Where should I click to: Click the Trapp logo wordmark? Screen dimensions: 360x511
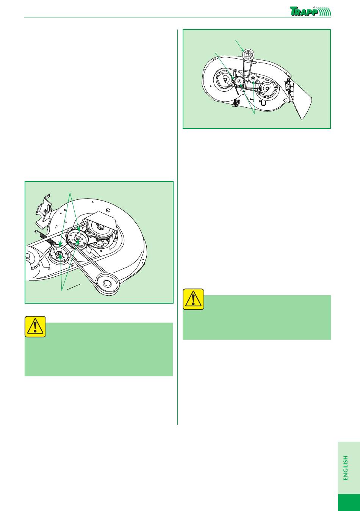pyautogui.click(x=304, y=11)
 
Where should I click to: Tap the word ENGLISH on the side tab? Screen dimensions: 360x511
pyautogui.click(x=346, y=468)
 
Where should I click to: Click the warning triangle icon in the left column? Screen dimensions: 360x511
pyautogui.click(x=35, y=326)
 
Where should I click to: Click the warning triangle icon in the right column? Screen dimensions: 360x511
pyautogui.click(x=193, y=299)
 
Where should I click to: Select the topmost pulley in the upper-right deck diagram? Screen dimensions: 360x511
pyautogui.click(x=247, y=54)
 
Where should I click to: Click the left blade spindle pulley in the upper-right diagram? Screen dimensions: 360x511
pyautogui.click(x=225, y=80)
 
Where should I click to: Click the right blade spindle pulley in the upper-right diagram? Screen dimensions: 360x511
pyautogui.click(x=267, y=88)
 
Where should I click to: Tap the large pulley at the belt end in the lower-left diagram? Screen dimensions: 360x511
pyautogui.click(x=108, y=284)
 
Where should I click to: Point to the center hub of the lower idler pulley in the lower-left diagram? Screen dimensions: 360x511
pyautogui.click(x=60, y=254)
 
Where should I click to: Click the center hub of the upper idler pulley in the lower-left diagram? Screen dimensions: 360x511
pyautogui.click(x=77, y=239)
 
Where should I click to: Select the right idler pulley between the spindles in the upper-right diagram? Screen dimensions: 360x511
pyautogui.click(x=253, y=78)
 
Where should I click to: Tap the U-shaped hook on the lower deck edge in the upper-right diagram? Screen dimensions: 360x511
pyautogui.click(x=263, y=103)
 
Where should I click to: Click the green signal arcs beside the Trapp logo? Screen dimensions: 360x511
pyautogui.click(x=325, y=12)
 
